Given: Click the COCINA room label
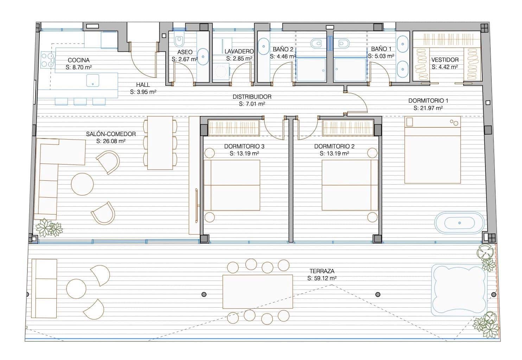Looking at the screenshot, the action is (78, 60).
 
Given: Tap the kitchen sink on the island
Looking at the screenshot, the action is (93, 81).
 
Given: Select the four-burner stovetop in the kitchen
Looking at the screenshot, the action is (47, 60).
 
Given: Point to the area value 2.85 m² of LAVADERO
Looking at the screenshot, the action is (239, 58).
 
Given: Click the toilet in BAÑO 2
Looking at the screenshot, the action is (316, 43).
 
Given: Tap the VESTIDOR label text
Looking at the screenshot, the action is (445, 60).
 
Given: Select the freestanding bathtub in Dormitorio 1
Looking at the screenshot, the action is (459, 223).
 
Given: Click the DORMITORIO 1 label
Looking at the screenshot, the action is (428, 101).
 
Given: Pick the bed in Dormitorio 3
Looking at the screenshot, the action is (232, 185).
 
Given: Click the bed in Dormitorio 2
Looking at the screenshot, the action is (350, 185).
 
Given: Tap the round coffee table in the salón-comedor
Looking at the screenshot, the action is (82, 184).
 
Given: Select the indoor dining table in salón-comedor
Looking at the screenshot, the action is (160, 143).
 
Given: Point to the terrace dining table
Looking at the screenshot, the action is (258, 291).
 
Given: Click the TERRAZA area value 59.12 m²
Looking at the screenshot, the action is (322, 278).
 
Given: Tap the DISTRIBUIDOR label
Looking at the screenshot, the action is (252, 97).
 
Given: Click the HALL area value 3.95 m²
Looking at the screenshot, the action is (143, 92).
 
